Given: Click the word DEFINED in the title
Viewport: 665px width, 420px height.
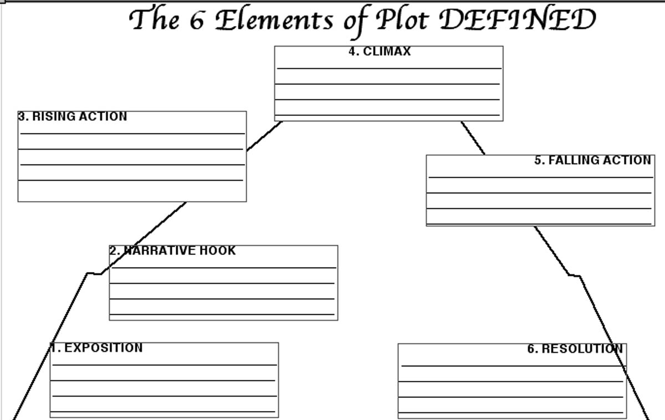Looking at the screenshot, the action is pos(518,19).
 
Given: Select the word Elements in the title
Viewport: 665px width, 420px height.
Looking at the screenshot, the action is pos(274,19).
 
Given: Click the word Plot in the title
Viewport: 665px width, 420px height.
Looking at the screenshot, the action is pos(402,19).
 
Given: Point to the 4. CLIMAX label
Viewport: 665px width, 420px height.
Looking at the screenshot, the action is pos(380,52).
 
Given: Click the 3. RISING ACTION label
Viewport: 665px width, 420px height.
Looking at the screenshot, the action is pos(73,116).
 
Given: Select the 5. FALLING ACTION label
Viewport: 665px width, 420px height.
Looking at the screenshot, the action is pos(592,160).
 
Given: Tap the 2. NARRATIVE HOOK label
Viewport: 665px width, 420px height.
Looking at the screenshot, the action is pos(172,250).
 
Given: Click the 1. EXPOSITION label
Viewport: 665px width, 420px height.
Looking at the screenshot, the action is pos(97,348).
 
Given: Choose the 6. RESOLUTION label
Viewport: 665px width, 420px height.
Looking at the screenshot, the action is pos(575,349).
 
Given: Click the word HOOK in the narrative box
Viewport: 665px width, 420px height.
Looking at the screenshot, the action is pos(218,250).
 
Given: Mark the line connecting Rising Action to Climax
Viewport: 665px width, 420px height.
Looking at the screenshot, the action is pos(264,136).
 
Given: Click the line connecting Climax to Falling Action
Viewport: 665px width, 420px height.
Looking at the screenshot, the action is pos(473,138).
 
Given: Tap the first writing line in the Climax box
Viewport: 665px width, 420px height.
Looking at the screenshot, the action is pos(389,69).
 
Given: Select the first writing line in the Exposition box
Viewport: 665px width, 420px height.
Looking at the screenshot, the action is pos(165,365).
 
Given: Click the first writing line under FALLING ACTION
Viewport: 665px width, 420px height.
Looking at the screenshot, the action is pos(541,177).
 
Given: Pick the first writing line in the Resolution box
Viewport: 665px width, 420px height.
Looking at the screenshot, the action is pos(514,366).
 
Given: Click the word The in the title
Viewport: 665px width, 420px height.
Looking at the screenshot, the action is pos(155,19).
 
